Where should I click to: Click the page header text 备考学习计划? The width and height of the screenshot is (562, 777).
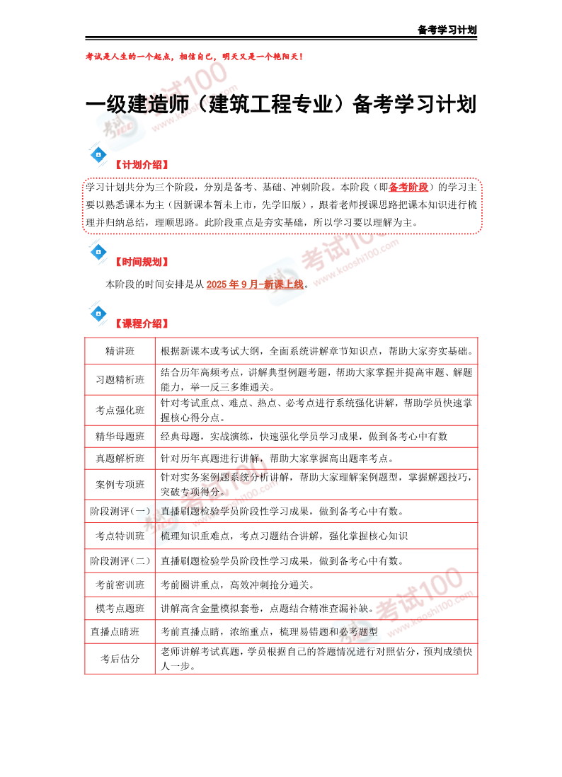click(447, 30)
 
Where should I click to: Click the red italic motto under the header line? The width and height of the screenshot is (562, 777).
click(194, 56)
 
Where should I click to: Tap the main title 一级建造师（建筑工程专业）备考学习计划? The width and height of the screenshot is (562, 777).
click(280, 105)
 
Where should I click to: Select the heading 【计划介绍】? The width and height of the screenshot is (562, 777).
click(142, 165)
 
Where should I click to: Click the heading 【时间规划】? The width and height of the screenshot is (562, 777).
click(142, 262)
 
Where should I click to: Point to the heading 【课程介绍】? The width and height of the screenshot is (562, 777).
click(142, 324)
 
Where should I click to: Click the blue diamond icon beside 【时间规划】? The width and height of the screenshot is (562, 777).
click(98, 251)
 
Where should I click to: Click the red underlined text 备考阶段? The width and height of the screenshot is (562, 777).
click(408, 188)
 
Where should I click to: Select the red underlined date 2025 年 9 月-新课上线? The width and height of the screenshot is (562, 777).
click(255, 284)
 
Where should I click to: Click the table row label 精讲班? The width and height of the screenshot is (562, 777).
click(120, 351)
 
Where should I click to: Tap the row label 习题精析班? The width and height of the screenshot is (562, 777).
click(120, 379)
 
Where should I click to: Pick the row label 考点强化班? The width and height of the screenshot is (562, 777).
click(120, 410)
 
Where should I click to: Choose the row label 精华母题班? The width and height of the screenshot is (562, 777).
click(120, 436)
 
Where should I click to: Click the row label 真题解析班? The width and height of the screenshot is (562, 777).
click(120, 458)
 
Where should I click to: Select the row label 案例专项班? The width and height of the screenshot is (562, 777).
click(120, 485)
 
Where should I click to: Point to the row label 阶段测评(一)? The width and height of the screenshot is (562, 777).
click(120, 511)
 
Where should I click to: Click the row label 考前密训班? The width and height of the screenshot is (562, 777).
click(120, 585)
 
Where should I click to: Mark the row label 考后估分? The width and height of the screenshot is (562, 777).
click(120, 659)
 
